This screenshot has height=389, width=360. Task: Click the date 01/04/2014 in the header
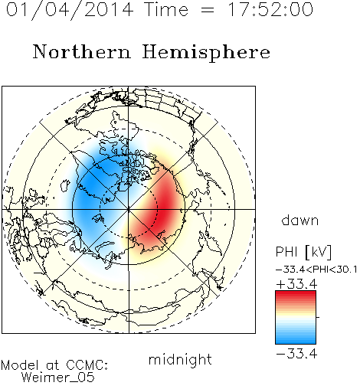[x=70, y=10]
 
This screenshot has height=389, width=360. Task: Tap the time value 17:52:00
[x=270, y=9]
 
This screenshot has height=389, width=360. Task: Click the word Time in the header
[x=166, y=9]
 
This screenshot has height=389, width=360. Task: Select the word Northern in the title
[x=82, y=52]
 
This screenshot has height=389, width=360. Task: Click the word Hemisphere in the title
[x=206, y=53]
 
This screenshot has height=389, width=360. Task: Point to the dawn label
[x=300, y=220]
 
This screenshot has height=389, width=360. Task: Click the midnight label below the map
[x=180, y=360]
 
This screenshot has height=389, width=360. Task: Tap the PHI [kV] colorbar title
[x=303, y=252]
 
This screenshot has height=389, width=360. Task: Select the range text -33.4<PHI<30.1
[x=316, y=270]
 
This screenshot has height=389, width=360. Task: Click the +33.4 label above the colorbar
[x=296, y=284]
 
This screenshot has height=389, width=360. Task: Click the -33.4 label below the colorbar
[x=296, y=354]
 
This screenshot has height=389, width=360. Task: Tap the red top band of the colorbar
[x=296, y=295]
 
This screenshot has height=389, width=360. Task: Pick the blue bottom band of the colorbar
[x=296, y=339]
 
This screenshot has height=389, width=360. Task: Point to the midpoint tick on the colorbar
[x=318, y=317]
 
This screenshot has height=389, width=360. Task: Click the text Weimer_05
[x=58, y=378]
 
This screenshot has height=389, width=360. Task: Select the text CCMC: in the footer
[x=87, y=365]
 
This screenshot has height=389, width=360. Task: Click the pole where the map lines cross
[x=129, y=209]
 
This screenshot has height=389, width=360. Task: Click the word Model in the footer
[x=20, y=365]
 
